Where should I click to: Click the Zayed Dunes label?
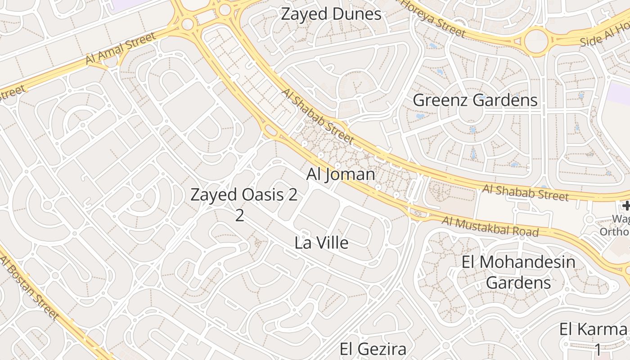coord(331,14)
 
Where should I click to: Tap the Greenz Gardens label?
coord(475,100)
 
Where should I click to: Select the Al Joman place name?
coord(341,174)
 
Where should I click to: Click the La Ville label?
coord(321,243)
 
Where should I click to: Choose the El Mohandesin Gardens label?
coord(518,272)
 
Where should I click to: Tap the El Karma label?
coord(593,329)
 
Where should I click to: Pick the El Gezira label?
coord(373,349)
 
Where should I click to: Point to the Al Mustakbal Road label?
coord(490,226)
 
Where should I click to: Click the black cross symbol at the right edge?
coord(626,206)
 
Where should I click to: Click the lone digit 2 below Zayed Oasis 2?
coord(239,215)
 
